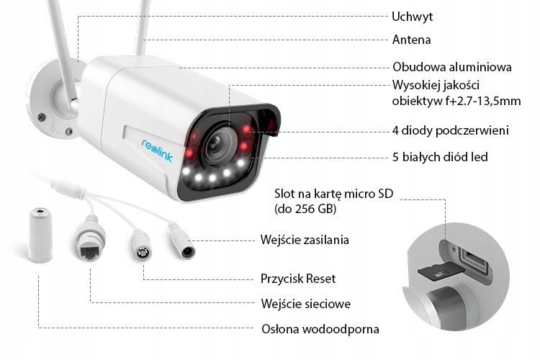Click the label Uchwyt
click(413, 16)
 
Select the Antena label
click(412, 40)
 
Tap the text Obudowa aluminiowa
click(452, 66)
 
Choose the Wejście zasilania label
click(305, 239)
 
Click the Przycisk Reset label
click(297, 278)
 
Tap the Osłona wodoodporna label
click(320, 329)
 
